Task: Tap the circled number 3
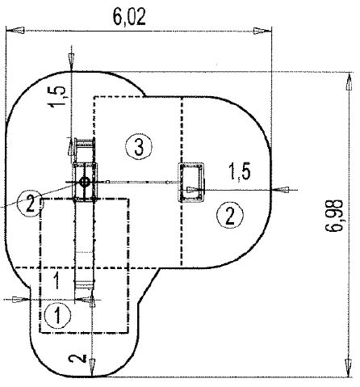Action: coord(139,146)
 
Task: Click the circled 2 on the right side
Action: coord(229,214)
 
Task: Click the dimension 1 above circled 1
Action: coord(57,280)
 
